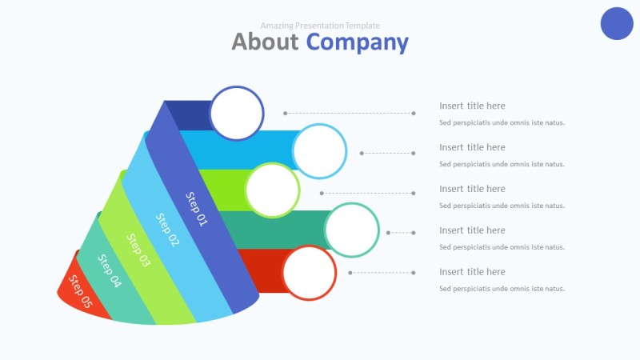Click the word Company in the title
click(x=357, y=42)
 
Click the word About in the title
click(x=265, y=42)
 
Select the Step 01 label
click(x=196, y=209)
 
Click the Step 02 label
click(x=168, y=230)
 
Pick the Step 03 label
click(x=138, y=250)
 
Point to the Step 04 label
click(x=110, y=270)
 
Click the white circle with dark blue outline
click(x=237, y=113)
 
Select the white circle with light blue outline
click(x=319, y=151)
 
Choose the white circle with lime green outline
click(x=273, y=190)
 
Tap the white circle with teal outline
click(x=351, y=230)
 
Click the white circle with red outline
click(x=310, y=273)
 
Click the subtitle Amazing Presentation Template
click(x=320, y=26)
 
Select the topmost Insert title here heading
click(x=472, y=106)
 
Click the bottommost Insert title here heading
click(x=472, y=272)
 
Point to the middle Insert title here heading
click(x=472, y=189)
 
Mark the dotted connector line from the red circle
click(x=382, y=273)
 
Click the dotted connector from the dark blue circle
click(x=349, y=114)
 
